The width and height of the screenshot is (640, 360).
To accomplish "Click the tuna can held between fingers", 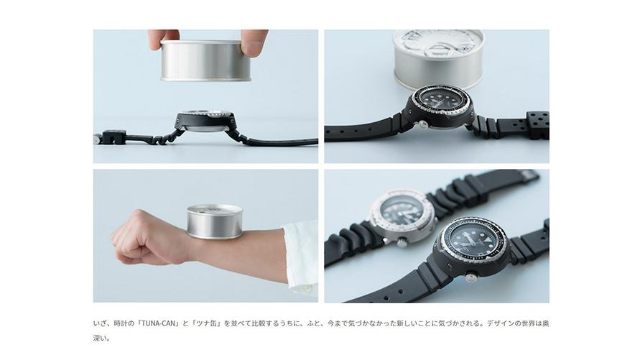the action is pos(205,60).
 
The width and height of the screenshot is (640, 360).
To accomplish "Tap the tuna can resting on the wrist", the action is pos(215,221).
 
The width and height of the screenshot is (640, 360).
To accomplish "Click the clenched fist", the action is pos(148,238).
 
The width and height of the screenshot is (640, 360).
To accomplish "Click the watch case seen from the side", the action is pos(205,121).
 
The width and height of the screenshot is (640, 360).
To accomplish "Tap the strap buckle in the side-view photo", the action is pos(109,137).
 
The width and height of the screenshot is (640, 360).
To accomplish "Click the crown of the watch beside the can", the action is pos(424,125).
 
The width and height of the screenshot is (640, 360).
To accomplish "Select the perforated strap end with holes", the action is pos(537,125).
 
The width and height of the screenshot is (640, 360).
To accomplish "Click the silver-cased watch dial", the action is pos(402,210).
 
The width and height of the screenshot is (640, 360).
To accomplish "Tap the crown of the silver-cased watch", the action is pos(402,243).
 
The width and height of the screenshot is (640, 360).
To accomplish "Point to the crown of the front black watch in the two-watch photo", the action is pos(472,277).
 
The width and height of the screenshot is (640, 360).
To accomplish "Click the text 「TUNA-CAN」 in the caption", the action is pos(158,323).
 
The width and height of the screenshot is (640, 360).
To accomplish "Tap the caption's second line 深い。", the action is pos(101,338).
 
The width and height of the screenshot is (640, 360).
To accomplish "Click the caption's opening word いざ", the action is pos(99,323).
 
